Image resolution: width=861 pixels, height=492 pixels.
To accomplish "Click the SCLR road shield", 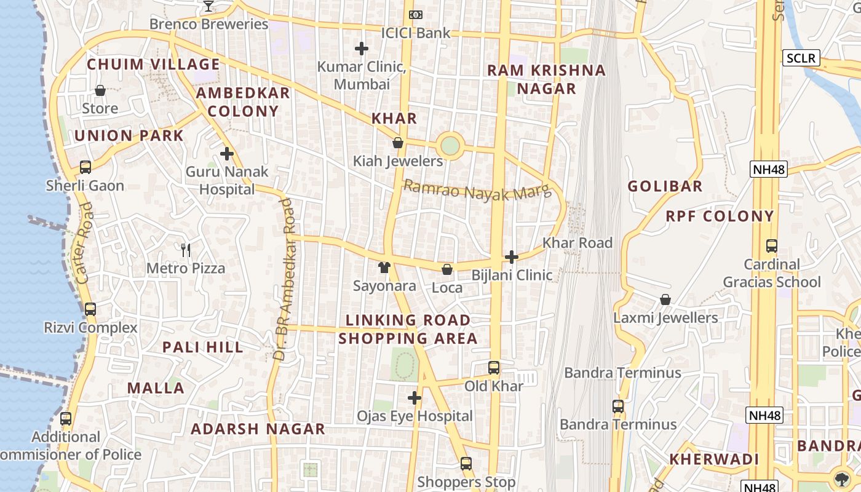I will (802, 58).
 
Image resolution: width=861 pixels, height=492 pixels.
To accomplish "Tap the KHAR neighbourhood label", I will (394, 119).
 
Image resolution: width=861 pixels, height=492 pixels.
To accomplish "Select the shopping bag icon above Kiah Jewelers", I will (398, 143).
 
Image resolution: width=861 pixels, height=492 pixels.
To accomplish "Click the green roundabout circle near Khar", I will (450, 146).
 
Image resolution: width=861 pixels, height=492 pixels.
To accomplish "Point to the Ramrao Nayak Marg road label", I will (477, 191).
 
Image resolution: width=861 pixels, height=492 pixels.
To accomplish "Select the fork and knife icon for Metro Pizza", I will (186, 250).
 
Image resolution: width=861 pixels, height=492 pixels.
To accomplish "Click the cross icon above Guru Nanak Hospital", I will (227, 154).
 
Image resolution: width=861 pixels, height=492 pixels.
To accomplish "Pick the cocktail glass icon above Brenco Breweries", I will (208, 6).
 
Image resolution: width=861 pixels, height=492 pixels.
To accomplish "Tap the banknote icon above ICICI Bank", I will (416, 14).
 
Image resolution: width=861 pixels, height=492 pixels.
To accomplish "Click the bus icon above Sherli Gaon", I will (85, 167).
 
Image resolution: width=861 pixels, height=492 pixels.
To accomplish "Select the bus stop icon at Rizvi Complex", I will (90, 309).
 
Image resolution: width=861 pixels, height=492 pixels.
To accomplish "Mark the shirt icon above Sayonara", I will (384, 268).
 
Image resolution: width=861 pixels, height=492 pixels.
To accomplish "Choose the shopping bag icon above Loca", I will (447, 269).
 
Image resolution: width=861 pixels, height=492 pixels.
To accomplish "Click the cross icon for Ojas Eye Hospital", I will (415, 398).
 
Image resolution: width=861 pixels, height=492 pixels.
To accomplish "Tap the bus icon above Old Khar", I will (494, 368).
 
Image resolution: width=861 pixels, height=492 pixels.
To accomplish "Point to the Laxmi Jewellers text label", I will (665, 318).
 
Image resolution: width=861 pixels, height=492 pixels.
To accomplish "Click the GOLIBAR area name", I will (665, 186).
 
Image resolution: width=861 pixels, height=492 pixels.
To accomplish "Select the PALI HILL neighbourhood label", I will (203, 347).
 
